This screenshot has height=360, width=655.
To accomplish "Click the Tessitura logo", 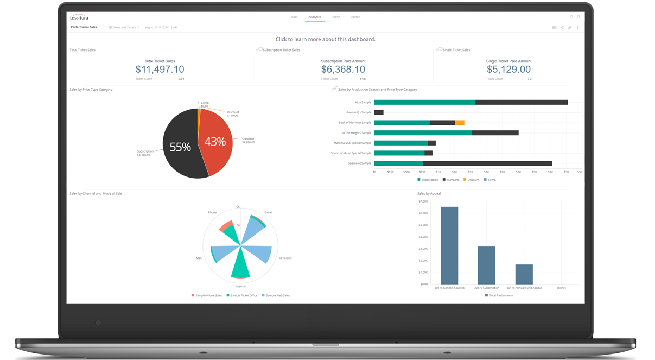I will pyautogui.click(x=79, y=17).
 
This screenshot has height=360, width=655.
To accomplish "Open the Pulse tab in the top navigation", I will pyautogui.click(x=336, y=17).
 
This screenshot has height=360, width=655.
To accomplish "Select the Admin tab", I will pyautogui.click(x=355, y=17).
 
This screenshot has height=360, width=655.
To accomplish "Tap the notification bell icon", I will pyautogui.click(x=571, y=17).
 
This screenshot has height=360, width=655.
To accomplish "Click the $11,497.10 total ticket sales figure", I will pyautogui.click(x=160, y=70).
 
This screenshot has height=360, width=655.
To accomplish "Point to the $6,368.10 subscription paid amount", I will pyautogui.click(x=343, y=70).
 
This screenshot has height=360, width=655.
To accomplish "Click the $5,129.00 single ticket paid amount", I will pyautogui.click(x=508, y=70).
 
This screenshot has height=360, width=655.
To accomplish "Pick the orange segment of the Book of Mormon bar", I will pyautogui.click(x=460, y=123).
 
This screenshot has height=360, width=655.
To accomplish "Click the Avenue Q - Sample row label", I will pyautogui.click(x=359, y=112).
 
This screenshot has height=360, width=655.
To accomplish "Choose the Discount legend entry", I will pyautogui.click(x=472, y=180).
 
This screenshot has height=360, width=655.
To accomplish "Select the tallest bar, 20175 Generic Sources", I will pyautogui.click(x=449, y=245).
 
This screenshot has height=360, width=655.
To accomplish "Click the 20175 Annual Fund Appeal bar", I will pyautogui.click(x=524, y=274).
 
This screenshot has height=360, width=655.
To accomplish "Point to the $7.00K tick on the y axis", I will pyautogui.click(x=423, y=201).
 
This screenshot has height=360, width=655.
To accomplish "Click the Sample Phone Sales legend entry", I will pyautogui.click(x=207, y=296).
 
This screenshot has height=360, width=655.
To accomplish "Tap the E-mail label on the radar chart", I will pyautogui.click(x=268, y=212).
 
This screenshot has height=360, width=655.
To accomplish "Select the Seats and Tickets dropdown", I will pyautogui.click(x=124, y=27).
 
